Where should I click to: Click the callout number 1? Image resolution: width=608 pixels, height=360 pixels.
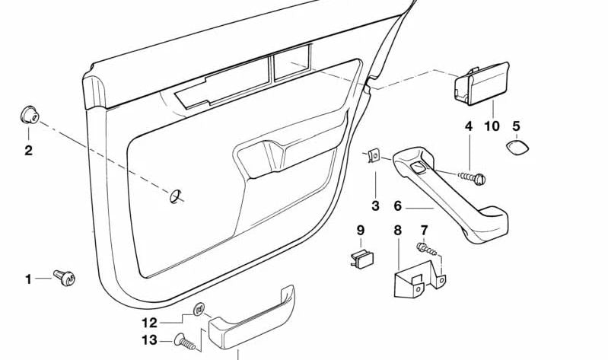click(x=29, y=279)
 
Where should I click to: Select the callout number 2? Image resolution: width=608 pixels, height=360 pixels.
click(x=28, y=151)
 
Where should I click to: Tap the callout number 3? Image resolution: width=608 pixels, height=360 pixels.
click(x=375, y=205)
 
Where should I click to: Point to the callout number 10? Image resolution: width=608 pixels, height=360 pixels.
click(x=492, y=126)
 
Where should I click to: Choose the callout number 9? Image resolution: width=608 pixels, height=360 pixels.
click(x=361, y=230)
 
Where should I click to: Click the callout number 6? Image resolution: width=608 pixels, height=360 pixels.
click(x=397, y=205)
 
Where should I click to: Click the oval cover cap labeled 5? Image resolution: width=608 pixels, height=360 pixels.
click(x=517, y=147)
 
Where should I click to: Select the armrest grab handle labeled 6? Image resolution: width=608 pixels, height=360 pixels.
click(x=457, y=198)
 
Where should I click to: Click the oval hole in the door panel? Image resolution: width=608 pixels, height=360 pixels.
click(x=176, y=196)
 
